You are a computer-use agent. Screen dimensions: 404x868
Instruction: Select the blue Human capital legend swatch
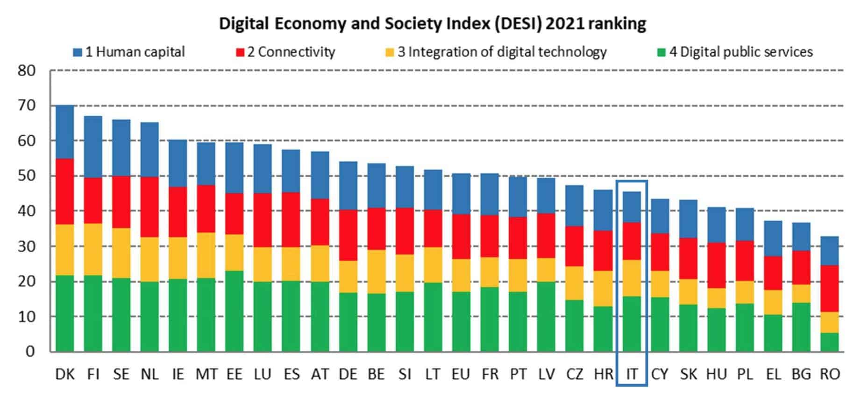78,52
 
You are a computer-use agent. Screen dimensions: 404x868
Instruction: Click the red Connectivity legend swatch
240,52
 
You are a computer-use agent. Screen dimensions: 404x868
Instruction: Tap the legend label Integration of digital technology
502,52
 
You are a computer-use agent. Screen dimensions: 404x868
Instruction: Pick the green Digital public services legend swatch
661,52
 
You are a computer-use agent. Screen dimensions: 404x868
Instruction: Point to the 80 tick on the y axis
27,71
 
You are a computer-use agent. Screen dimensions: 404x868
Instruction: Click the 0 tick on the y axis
30,351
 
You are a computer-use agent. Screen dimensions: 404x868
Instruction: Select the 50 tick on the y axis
27,176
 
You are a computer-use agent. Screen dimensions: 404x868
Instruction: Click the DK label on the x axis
65,374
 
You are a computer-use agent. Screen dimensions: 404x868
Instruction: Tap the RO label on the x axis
830,374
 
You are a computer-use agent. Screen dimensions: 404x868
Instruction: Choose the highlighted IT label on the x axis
632,374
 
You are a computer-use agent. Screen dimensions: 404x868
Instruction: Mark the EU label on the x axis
461,374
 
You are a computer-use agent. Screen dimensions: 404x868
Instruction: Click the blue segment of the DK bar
65,132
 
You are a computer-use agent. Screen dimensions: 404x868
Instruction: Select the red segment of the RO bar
830,288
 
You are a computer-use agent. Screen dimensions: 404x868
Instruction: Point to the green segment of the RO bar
830,342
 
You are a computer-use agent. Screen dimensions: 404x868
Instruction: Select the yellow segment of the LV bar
546,270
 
